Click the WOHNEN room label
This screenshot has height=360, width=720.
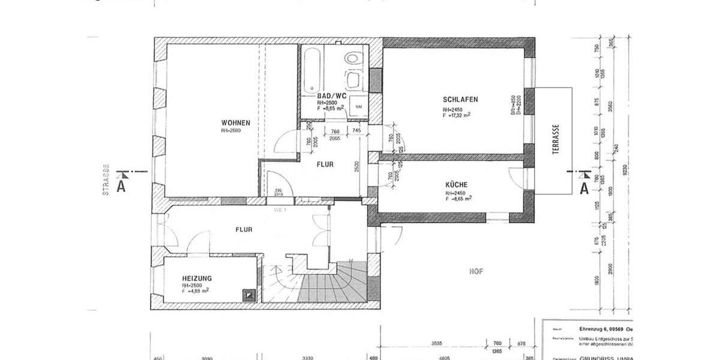pos(235,122)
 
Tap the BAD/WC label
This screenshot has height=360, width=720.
pos(332,96)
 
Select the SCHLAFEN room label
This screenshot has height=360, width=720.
pos(460,99)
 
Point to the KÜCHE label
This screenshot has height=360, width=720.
pos(457,185)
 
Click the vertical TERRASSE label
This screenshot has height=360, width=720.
pos(556,140)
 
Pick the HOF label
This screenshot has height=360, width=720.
pos(476,271)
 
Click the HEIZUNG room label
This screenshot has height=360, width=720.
pos(197,278)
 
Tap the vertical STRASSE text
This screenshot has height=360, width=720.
pos(106,180)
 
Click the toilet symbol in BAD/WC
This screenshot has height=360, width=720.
pos(355,58)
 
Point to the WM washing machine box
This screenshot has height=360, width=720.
pos(359,106)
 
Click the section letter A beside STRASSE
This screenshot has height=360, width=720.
pos(121,187)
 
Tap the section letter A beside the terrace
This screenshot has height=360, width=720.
pos(583,188)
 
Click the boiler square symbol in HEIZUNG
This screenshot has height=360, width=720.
pos(248,295)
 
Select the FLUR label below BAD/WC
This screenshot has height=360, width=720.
pos(325,164)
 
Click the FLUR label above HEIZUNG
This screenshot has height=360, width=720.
pos(244,229)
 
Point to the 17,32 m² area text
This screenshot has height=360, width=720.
pos(457,115)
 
